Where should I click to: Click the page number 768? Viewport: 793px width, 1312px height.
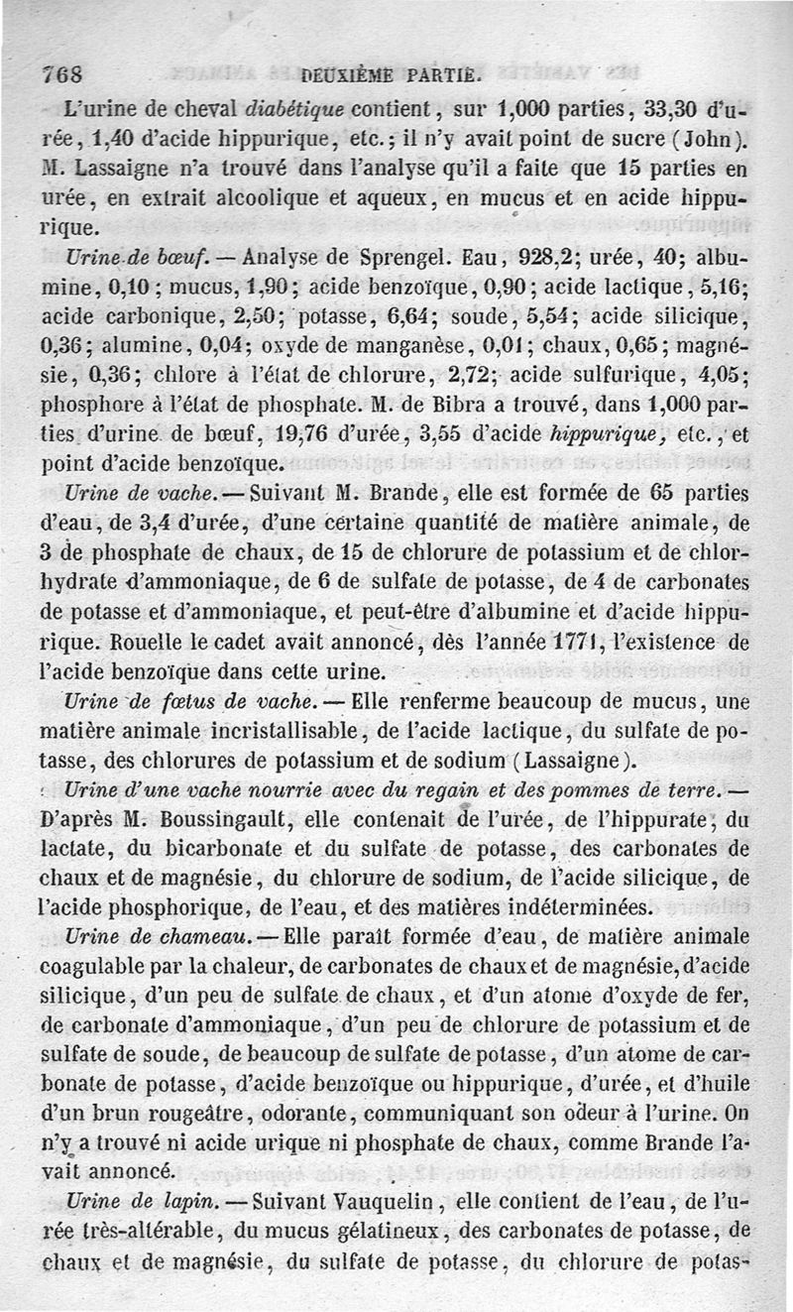(x=61, y=74)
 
